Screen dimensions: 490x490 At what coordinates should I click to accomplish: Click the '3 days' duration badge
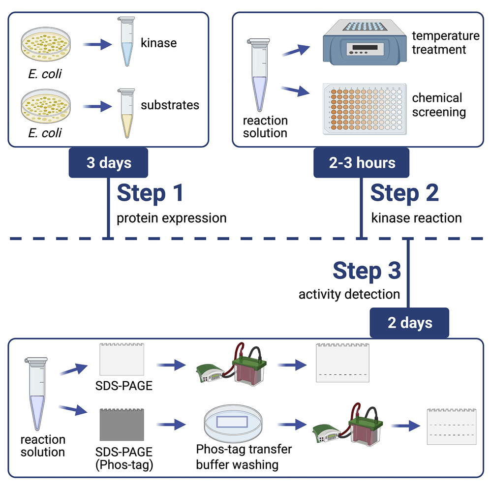(x=109, y=163)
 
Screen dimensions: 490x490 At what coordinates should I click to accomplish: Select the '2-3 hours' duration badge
(x=361, y=163)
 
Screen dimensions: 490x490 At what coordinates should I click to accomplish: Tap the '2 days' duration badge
(x=409, y=323)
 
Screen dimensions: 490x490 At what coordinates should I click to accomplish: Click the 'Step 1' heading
(x=150, y=193)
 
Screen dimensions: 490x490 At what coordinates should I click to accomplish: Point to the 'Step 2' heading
(x=404, y=193)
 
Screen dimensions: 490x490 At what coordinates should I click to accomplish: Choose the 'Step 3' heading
(x=367, y=271)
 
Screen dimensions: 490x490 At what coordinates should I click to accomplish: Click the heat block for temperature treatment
(x=364, y=45)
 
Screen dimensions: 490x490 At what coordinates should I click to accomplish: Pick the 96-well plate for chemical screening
(x=364, y=109)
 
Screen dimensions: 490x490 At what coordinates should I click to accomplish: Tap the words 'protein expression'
(x=171, y=218)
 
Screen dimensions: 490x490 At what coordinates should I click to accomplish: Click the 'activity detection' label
(x=349, y=295)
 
